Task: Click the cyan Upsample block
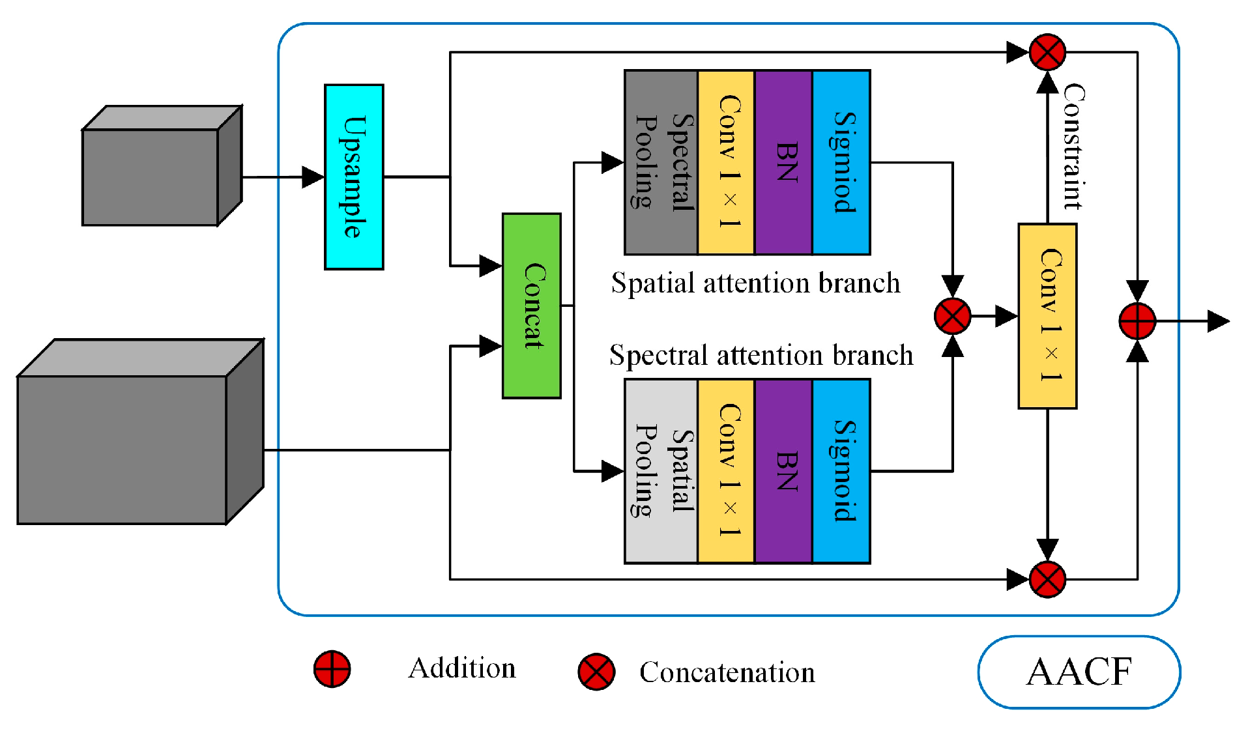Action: (354, 177)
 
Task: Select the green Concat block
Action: (531, 306)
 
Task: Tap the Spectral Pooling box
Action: (661, 162)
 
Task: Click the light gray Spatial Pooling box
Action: (661, 471)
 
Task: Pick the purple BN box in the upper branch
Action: (783, 162)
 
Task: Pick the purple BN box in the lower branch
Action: (783, 471)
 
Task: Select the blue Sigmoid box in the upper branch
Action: (841, 162)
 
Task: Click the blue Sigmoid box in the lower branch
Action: (841, 471)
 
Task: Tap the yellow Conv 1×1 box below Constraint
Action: (1047, 316)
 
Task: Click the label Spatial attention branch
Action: (755, 283)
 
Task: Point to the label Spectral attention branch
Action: (761, 356)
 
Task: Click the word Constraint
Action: (1073, 147)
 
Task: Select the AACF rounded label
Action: (1079, 672)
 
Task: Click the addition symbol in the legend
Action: (332, 669)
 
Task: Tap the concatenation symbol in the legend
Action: (596, 672)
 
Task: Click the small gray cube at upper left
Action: (161, 167)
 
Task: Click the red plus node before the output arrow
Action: (1137, 321)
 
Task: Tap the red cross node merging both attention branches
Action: (952, 317)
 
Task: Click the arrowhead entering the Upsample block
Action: (313, 177)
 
